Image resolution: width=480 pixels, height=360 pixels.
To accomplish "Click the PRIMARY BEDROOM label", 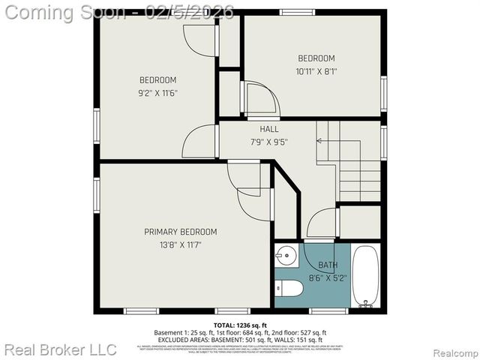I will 180,232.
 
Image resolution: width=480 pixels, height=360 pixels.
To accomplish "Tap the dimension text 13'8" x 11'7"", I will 180,244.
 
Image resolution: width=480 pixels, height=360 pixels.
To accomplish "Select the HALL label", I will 269,129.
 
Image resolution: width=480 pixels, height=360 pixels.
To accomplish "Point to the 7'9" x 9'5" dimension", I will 269,141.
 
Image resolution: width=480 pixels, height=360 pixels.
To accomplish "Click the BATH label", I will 328,265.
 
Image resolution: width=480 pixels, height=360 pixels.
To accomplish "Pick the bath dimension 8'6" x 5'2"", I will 328,277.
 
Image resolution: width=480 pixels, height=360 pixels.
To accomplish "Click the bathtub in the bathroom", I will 367,277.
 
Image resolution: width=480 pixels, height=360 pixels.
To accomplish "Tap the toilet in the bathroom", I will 289,289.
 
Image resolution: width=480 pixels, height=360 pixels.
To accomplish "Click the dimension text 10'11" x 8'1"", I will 316,71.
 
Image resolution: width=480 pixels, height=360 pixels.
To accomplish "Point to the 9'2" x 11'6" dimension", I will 157,93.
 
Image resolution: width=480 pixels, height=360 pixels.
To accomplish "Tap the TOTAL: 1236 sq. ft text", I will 240,325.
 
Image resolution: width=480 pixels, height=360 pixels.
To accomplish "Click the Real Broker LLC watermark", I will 60,349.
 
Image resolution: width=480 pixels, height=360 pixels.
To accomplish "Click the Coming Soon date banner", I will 118,12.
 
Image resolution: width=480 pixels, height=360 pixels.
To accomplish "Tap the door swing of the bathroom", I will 321,223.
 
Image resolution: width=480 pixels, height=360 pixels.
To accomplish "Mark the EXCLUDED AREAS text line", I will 240,338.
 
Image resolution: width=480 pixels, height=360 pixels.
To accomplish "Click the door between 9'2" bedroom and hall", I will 200,142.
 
